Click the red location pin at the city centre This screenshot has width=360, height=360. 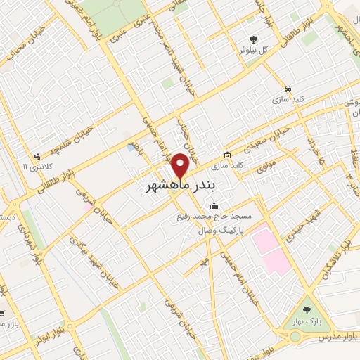tap(181, 166)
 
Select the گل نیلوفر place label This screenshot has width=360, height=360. tap(254, 50)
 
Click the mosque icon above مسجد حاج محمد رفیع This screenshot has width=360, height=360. tap(214, 205)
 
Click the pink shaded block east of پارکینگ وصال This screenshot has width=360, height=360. tap(271, 250)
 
